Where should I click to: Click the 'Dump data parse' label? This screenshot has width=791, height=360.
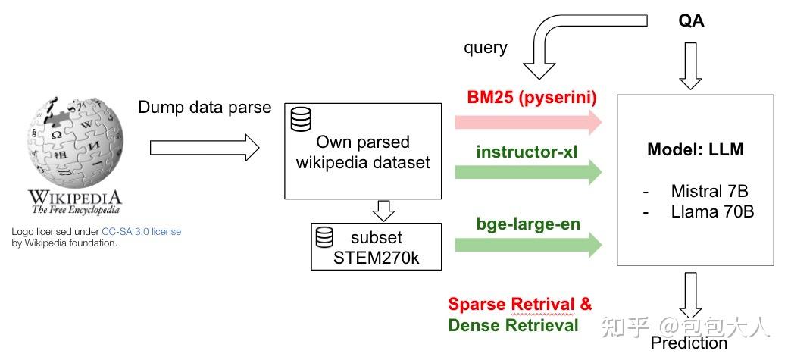coord(205,107)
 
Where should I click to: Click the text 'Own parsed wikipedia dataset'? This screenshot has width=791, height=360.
coord(362,152)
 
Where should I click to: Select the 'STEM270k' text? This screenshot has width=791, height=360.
coord(377,258)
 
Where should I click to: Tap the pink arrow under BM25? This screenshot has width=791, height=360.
coord(528,122)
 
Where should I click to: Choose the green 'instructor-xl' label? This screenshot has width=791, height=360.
coord(527,152)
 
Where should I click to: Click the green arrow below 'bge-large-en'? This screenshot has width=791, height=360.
coord(528,244)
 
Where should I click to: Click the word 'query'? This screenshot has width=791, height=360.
coord(485,48)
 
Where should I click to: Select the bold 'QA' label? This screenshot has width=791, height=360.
coord(691,21)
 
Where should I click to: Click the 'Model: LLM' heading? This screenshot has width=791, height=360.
coord(695,150)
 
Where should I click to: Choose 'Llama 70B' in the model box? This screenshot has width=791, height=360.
coord(712,211)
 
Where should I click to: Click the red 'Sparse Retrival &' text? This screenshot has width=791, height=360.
coord(520,305)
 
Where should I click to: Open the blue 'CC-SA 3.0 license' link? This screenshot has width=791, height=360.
coord(141,231)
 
